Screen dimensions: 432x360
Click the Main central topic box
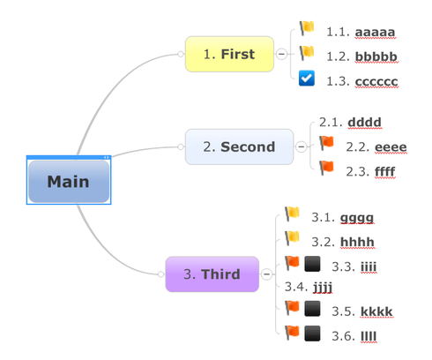69,182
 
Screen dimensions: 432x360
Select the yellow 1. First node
229,54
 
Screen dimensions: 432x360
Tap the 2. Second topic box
239,146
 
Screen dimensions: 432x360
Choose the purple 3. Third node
212,274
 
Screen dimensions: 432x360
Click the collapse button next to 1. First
281,54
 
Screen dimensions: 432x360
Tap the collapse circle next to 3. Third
266,274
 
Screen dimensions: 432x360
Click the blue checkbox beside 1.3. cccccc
307,79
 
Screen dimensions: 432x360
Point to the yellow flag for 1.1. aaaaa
307,28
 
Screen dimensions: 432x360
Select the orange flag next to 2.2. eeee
326,143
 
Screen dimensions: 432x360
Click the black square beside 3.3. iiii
312,264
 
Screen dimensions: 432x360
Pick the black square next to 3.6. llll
312,334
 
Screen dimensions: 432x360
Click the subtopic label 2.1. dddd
350,122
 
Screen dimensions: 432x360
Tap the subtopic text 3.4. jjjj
309,287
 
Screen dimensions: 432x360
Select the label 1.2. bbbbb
361,56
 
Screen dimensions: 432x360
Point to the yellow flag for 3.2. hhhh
292,238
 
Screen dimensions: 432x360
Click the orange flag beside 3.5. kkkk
292,308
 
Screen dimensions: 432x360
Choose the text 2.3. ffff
370,171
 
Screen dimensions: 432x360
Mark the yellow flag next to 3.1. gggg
292,214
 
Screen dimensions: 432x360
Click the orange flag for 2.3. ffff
326,168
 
